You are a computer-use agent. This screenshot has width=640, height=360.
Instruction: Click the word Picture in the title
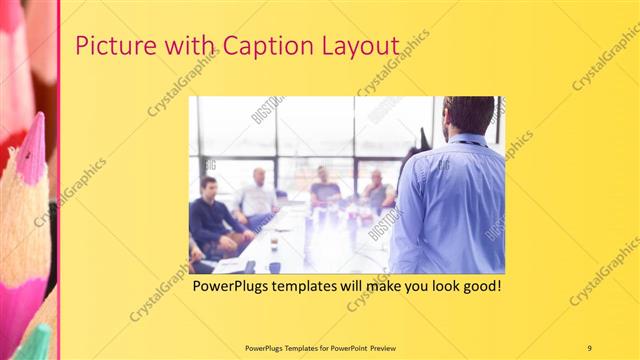(x=112, y=47)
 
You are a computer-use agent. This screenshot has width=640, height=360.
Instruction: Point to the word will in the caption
(x=359, y=286)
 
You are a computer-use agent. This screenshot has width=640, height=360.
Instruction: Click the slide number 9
(x=590, y=348)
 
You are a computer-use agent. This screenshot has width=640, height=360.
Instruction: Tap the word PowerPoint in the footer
(x=342, y=348)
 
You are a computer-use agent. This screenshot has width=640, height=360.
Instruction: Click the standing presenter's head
(x=468, y=116)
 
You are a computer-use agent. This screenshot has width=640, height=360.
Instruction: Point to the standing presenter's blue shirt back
(x=450, y=205)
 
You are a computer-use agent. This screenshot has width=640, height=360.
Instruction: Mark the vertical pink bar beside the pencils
(x=59, y=180)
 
